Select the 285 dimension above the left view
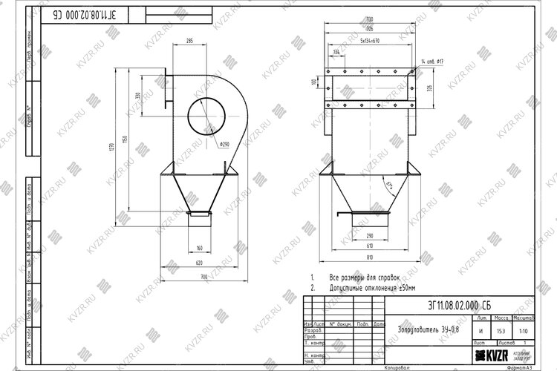(189, 42)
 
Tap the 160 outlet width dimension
(199, 248)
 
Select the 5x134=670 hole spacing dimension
(365, 41)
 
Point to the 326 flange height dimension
(429, 88)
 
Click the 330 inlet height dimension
(137, 96)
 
